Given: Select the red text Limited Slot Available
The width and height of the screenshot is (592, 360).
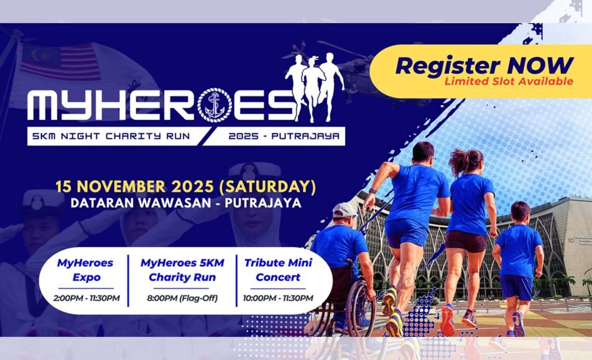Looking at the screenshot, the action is pos(509,81).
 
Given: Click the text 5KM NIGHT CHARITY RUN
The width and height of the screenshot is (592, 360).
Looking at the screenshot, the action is pos(111,136).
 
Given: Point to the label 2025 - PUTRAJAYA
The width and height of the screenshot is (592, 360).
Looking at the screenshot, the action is pos(284,136).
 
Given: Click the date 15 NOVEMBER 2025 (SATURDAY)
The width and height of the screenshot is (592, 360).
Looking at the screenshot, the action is pos(185,187).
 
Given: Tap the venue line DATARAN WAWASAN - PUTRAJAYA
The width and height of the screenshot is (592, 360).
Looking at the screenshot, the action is pos(186,203).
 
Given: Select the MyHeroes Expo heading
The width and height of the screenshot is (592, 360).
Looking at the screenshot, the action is pos(85,270).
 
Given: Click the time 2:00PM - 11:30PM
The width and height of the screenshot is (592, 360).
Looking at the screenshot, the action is pos(86,298).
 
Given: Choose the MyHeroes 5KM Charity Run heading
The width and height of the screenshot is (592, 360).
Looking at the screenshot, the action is pos(182,270).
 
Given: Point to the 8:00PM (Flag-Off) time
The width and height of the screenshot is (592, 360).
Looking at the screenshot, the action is pos(182,298).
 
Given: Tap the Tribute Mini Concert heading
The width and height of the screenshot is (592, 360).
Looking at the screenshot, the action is pos(278,270).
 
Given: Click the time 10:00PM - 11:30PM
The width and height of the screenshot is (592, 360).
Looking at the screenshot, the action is pos(278,298).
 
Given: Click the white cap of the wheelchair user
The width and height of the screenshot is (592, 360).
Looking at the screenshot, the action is pos(345,210).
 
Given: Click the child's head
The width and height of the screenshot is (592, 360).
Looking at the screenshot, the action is pos(520,213).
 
